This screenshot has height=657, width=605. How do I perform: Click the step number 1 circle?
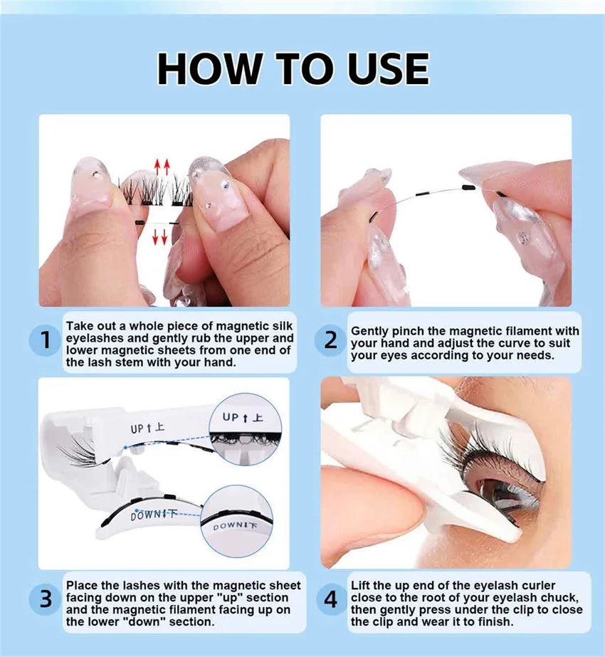pos(46,340)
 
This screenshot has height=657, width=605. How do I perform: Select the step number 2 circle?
pos(330,340)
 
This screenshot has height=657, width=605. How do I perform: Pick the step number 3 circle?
pos(46,599)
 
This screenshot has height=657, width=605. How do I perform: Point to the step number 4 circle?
pos(330,599)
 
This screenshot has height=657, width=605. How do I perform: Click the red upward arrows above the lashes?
pos(162,167)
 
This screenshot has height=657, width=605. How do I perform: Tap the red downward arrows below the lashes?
pos(159,236)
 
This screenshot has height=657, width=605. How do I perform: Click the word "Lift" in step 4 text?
pos(359,585)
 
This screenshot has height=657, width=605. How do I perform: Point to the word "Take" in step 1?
pos(80,326)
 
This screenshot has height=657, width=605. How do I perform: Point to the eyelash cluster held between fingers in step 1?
pos(156,191)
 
